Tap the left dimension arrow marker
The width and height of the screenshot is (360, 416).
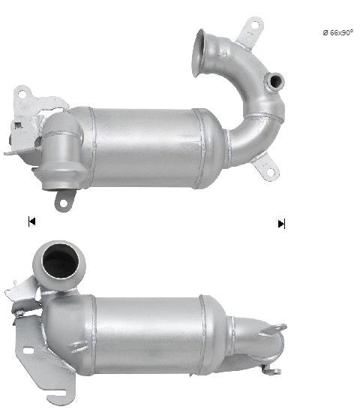coord(31,221)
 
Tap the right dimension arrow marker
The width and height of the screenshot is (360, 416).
coord(281,223)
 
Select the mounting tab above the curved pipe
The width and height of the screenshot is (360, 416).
coord(250,31)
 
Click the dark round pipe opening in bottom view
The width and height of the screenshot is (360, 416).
coord(58,262)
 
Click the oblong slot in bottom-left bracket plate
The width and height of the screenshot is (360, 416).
coord(28,350)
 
